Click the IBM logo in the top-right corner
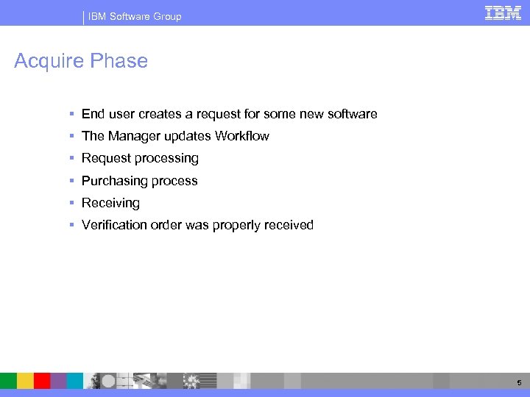[x=503, y=12]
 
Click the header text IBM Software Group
[x=135, y=16]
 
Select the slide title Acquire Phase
[x=81, y=61]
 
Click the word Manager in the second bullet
[x=133, y=136]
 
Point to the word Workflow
[x=241, y=136]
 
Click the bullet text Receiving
[x=110, y=203]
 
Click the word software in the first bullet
[x=350, y=114]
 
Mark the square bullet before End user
[x=71, y=114]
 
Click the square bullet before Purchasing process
[x=71, y=181]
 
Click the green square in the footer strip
[x=8, y=380]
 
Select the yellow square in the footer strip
[x=25, y=380]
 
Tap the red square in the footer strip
[x=42, y=380]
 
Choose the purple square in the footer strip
[x=59, y=380]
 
